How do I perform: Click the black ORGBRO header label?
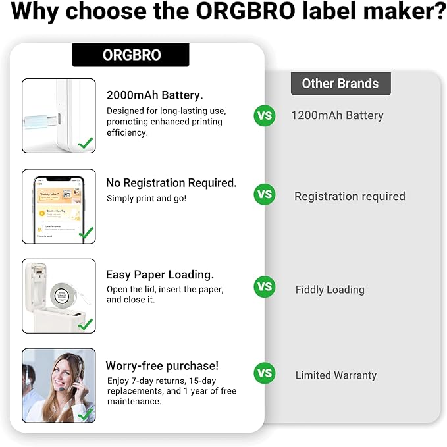click(131, 55)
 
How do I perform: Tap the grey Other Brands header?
click(340, 84)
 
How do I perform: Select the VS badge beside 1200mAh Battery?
click(265, 116)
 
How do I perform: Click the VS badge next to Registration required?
click(265, 195)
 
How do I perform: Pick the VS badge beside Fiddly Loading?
click(265, 287)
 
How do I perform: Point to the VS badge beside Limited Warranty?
click(265, 373)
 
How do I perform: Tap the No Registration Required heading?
click(171, 183)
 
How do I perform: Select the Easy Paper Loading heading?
click(160, 275)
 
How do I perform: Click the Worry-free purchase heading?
click(162, 365)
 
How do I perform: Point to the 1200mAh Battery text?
click(337, 116)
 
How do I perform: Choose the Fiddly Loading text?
click(330, 290)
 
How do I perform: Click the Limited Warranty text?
click(336, 375)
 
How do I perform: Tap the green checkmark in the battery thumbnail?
click(85, 142)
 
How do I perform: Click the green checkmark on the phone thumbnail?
click(86, 232)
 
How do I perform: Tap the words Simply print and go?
click(146, 198)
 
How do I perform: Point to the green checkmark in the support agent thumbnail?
click(86, 414)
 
